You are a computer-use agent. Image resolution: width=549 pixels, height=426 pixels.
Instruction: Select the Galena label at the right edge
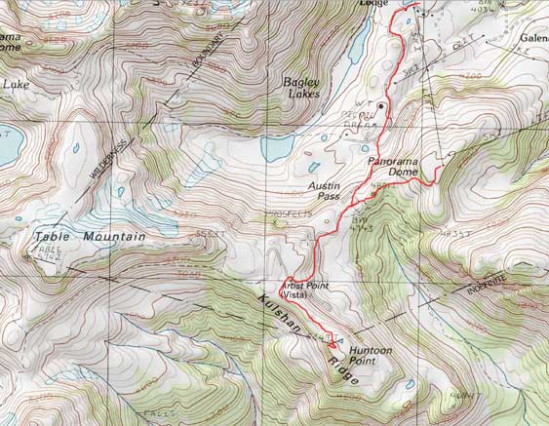coord(530,27)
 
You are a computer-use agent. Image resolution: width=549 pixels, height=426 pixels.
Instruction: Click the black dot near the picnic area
coord(381,105)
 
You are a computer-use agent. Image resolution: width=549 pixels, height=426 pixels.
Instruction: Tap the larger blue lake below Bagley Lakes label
coord(275,148)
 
